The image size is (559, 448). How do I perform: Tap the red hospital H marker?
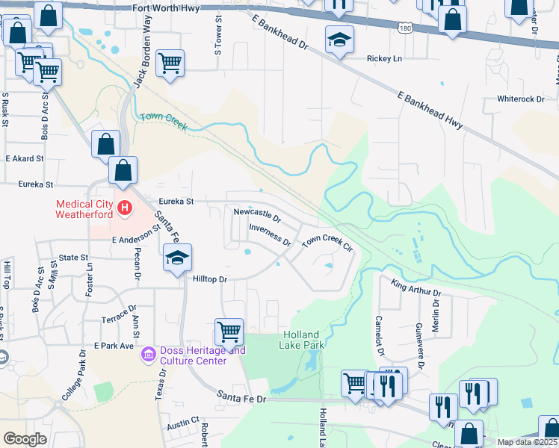click(126, 207)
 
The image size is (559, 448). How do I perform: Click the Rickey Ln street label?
click(384, 59)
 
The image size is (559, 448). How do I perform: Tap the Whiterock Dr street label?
click(521, 99)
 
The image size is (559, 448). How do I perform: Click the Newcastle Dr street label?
click(256, 215)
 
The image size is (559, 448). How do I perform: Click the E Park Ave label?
click(114, 346)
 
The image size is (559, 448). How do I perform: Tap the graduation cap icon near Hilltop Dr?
click(177, 258)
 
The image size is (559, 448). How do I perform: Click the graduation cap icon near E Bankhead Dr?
click(339, 38)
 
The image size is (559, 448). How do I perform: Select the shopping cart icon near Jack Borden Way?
click(170, 63)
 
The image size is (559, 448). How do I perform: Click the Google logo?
click(25, 439)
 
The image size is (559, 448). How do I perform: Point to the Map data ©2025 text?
click(527, 442)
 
